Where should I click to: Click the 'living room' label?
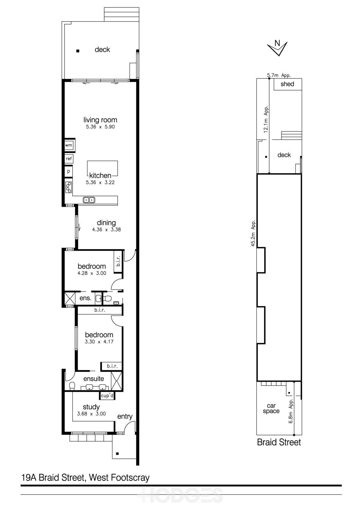[x=100, y=120]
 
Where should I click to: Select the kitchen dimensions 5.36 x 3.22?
[x=100, y=183]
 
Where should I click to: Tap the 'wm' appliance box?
[x=69, y=145]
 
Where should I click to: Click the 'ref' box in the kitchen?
[x=69, y=158]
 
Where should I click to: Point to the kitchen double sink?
[x=89, y=200]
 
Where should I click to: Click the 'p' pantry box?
[x=68, y=171]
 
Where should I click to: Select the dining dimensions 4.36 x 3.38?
[x=106, y=230]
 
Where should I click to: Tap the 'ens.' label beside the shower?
[x=85, y=298]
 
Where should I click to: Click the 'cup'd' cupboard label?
[x=107, y=396]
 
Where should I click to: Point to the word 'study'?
[x=91, y=407]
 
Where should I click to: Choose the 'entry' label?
[x=125, y=416]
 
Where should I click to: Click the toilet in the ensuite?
[x=72, y=386]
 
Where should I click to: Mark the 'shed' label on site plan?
[x=287, y=84]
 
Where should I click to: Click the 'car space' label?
[x=271, y=408]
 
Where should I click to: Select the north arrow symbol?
[x=278, y=48]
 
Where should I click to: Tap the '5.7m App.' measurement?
[x=279, y=75]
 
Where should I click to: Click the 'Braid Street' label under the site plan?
[x=279, y=442]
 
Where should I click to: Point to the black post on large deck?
[x=78, y=51]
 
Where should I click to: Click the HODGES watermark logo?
[x=180, y=496]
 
